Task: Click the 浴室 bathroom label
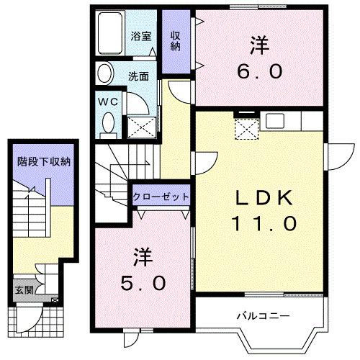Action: pos(140,35)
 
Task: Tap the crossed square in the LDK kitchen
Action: pos(248,128)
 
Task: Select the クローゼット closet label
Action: pos(161,197)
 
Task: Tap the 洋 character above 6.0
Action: pos(260,45)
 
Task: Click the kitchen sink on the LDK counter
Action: pos(274,120)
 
